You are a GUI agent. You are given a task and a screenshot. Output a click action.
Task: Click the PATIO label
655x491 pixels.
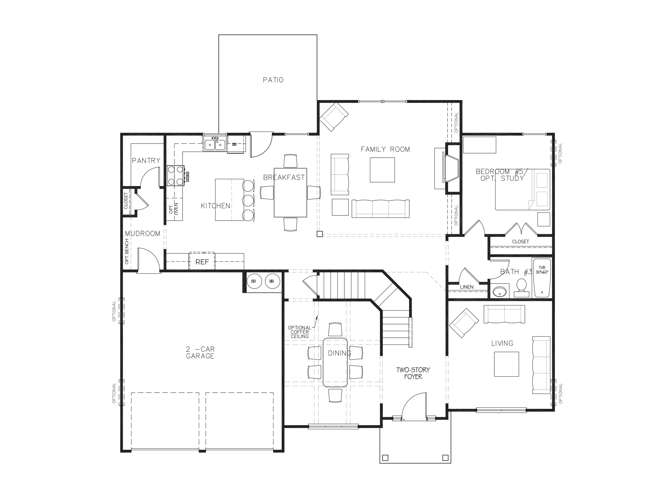point(273,80)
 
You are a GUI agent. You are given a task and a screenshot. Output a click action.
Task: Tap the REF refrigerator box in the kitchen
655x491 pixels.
point(202,262)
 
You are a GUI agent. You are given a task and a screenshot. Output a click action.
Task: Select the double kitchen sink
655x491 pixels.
point(215,144)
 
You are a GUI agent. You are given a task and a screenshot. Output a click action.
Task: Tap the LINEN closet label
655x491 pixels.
point(467,287)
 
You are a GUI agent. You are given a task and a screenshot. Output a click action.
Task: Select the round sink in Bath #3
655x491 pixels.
point(500,292)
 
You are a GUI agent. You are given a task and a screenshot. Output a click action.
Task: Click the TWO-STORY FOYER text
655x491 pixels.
point(413,373)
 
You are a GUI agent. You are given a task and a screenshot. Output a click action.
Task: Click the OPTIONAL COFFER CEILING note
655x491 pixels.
point(300,332)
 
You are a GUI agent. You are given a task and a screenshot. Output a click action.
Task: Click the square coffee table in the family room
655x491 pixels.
point(382,170)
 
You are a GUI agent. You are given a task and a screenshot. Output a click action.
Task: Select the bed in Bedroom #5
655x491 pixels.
point(522,190)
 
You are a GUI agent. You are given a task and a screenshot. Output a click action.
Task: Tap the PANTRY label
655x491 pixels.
point(146,160)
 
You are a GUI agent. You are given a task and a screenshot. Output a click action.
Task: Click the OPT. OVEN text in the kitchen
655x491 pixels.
point(173,208)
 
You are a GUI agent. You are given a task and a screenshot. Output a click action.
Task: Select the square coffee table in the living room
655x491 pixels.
point(506,364)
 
